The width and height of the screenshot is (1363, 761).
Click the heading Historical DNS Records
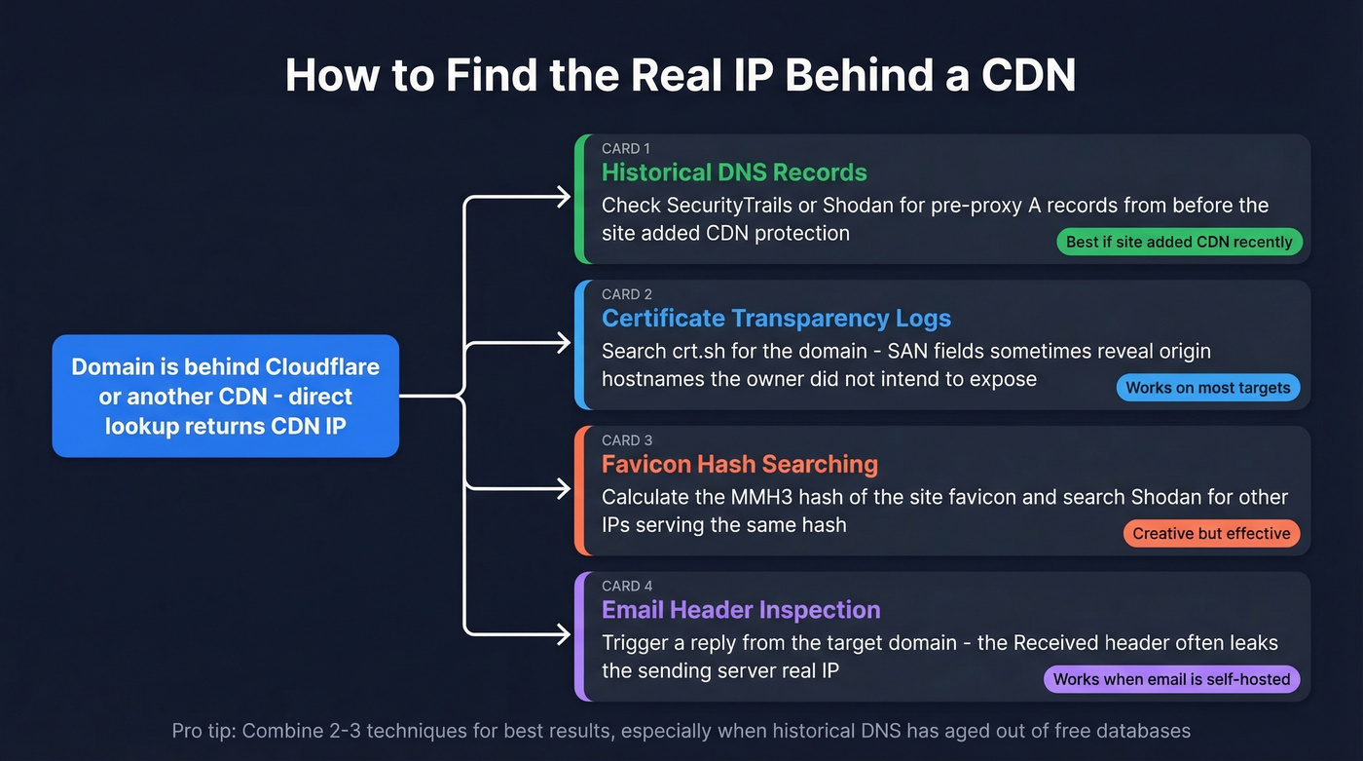[x=734, y=172]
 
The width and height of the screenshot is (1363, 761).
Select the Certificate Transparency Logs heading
[x=776, y=319]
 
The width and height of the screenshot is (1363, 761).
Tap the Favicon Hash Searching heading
[x=740, y=464]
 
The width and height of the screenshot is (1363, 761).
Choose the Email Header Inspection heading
[x=741, y=610]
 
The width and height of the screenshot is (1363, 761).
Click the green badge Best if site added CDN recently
[x=1179, y=242]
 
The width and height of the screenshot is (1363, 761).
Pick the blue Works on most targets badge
[x=1207, y=388]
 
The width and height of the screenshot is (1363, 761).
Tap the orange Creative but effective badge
[x=1211, y=533]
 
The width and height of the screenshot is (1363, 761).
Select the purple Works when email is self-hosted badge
[x=1171, y=679]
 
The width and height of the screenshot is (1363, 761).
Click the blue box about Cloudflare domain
[x=226, y=397]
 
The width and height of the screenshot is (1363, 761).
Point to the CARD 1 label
[x=627, y=149]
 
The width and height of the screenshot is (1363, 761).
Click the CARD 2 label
[x=627, y=294]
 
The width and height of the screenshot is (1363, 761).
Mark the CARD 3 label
[x=627, y=440]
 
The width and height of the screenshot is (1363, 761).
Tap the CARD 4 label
[x=627, y=586]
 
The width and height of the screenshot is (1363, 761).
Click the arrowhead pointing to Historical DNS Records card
[x=562, y=198]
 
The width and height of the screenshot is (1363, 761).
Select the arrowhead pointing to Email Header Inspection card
[x=562, y=634]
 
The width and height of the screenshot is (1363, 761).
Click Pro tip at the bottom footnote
[x=202, y=730]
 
